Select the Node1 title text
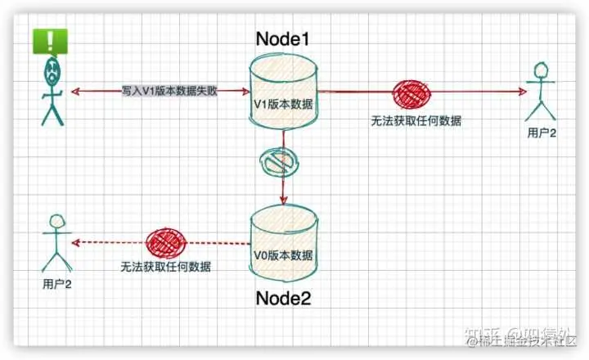283,39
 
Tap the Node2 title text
283,298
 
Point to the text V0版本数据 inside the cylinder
283,254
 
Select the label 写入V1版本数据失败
170,92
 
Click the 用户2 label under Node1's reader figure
542,133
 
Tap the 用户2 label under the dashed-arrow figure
57,284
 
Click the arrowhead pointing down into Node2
283,200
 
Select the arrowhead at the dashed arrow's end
75,242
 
